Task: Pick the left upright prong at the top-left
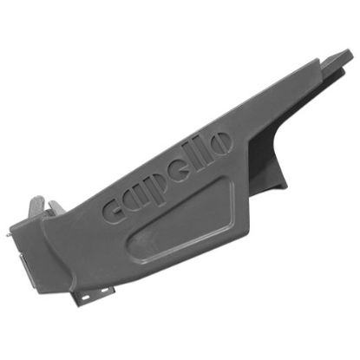pyautogui.click(x=35, y=207)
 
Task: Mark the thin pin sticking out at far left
pyautogui.click(x=7, y=232)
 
